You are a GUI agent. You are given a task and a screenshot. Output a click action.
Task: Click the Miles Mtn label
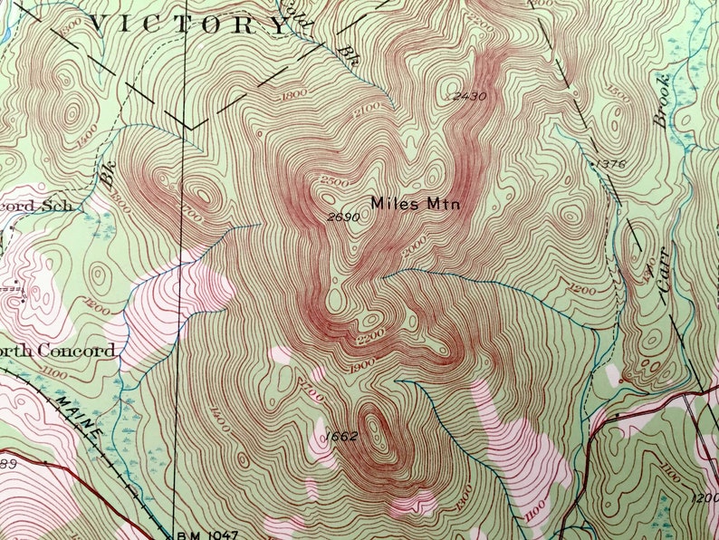click(x=416, y=205)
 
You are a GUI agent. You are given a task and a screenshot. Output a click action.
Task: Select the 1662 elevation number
click(x=340, y=437)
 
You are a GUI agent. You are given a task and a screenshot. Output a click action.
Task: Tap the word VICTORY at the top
click(x=190, y=24)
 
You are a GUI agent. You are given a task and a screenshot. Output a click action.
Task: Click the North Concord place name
click(x=58, y=351)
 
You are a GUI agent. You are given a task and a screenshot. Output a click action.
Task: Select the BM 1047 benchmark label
click(x=206, y=534)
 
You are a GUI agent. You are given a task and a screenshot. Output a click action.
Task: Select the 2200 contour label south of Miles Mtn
click(x=369, y=335)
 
